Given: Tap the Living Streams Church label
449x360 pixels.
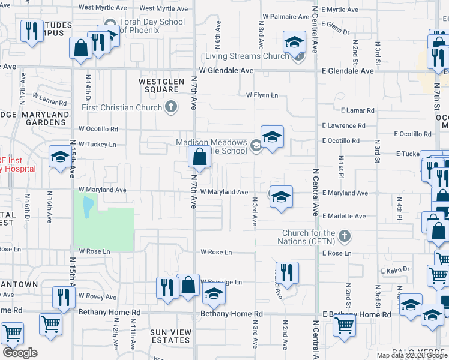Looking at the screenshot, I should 247,56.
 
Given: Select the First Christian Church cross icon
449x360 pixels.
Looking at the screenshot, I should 171,107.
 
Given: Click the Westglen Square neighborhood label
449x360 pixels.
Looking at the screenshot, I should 158,85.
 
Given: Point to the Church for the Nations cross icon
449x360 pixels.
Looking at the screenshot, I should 344,236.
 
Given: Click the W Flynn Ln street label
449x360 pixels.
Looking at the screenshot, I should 262,95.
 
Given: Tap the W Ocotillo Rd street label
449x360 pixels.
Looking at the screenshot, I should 98,129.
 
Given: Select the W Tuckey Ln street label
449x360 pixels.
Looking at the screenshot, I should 97,145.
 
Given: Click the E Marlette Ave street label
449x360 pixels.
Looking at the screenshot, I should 343,216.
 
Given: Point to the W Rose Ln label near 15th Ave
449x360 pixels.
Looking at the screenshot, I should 95,251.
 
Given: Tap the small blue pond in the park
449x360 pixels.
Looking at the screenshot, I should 88,206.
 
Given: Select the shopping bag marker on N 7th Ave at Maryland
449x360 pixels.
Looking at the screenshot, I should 199,158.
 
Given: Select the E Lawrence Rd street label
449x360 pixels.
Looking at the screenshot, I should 343,126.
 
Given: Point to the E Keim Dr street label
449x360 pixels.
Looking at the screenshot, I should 395,270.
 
